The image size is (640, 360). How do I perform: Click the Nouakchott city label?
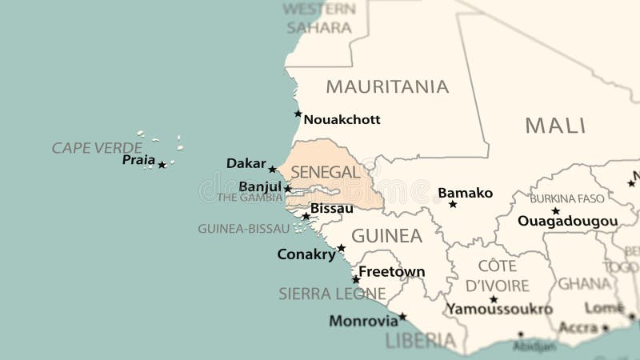(x=342, y=120)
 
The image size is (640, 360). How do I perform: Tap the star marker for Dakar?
(x=272, y=169)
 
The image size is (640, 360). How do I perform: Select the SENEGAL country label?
(x=325, y=172)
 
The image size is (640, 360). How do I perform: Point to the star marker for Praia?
(x=162, y=165)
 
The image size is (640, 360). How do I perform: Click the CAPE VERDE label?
(x=97, y=148)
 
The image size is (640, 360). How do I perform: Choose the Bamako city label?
(x=465, y=193)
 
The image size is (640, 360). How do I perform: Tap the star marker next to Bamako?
(x=453, y=204)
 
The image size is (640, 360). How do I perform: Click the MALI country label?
(x=555, y=126)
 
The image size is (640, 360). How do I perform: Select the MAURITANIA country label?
(x=387, y=86)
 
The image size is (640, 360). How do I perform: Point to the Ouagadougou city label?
(x=567, y=222)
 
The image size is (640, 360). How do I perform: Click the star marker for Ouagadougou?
(x=555, y=211)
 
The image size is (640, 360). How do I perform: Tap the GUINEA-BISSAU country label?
(x=243, y=229)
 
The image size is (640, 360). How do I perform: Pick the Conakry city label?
(x=306, y=254)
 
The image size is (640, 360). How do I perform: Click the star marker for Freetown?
(x=356, y=279)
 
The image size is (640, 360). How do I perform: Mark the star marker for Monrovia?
(x=402, y=317)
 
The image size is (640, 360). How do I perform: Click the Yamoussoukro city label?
(x=499, y=309)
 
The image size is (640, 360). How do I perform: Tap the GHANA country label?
(x=584, y=284)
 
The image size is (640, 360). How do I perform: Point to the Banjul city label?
(x=260, y=186)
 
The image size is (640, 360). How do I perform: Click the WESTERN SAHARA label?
(x=319, y=18)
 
